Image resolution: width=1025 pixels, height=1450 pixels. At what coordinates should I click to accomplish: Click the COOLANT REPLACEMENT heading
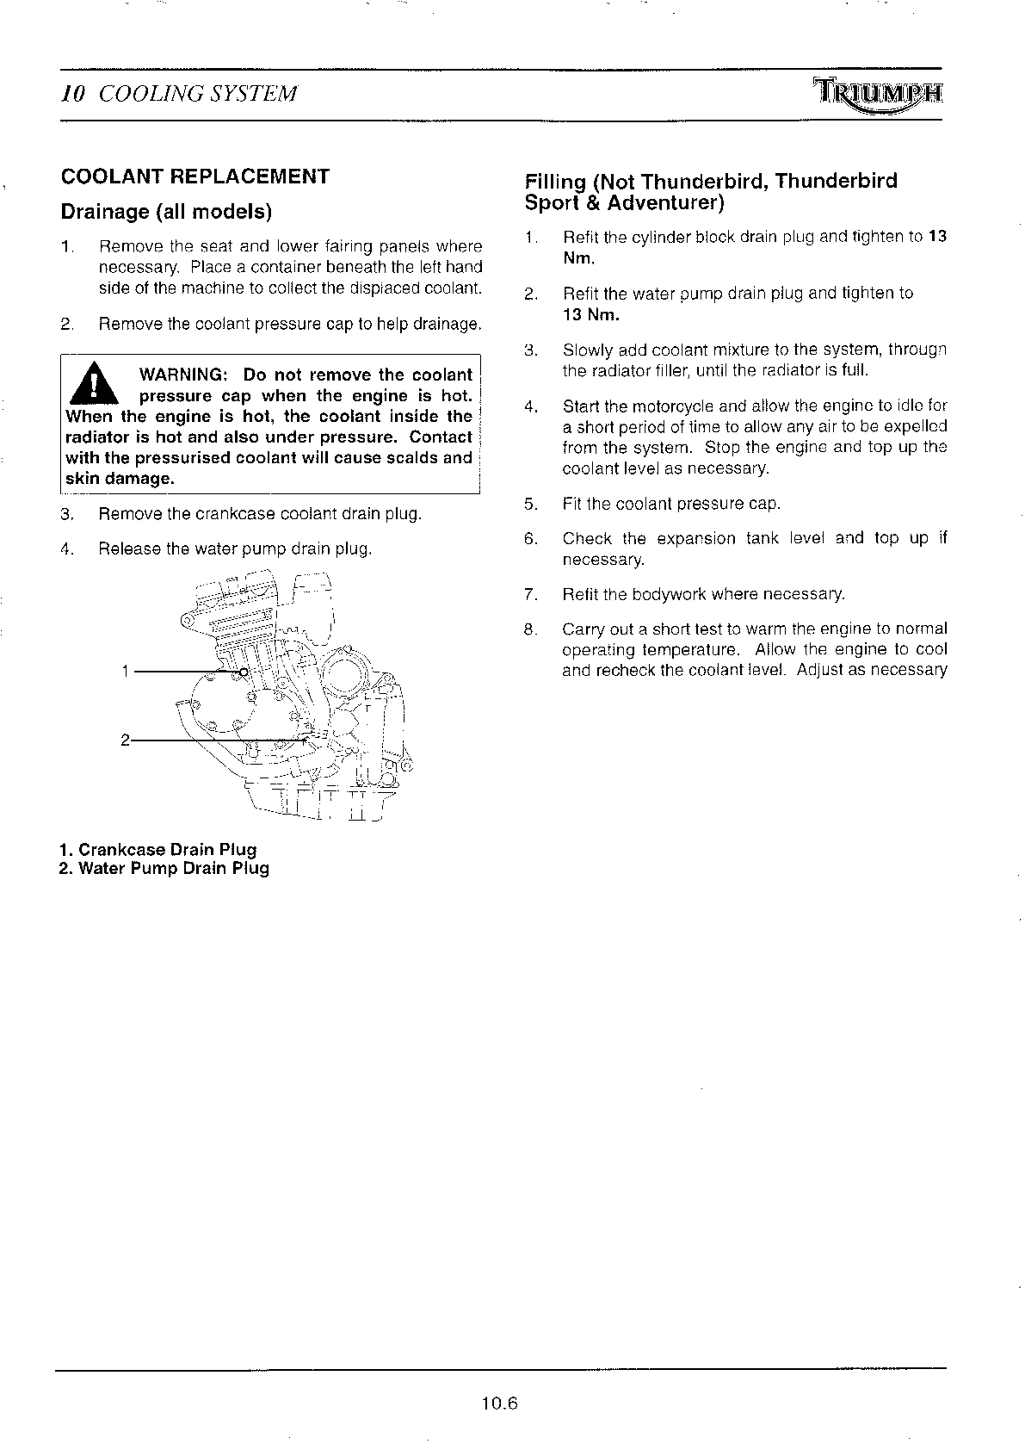pos(195,177)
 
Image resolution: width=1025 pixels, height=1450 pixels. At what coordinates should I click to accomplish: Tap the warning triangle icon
pos(90,384)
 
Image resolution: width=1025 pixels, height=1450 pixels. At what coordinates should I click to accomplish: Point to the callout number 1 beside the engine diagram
pos(126,672)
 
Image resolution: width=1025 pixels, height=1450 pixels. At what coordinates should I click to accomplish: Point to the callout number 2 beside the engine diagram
pos(126,740)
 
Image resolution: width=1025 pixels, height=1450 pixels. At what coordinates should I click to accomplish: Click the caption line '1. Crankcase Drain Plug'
pos(158,850)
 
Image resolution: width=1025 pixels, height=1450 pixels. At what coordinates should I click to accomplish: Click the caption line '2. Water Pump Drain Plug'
pos(164,868)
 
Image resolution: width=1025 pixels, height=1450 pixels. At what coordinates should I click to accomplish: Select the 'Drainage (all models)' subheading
pos(165,211)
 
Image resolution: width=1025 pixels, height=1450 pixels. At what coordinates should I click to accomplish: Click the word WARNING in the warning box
pos(182,375)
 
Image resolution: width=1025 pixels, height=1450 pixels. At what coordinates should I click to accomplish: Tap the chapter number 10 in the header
pos(72,94)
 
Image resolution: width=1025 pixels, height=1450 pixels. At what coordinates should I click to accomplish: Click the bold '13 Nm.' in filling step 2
pos(590,314)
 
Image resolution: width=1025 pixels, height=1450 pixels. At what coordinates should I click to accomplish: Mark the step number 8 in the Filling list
pos(530,629)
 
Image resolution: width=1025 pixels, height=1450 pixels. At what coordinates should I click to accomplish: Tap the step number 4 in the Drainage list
pos(66,549)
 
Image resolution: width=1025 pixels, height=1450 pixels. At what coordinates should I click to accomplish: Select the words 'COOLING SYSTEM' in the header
pos(198,94)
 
